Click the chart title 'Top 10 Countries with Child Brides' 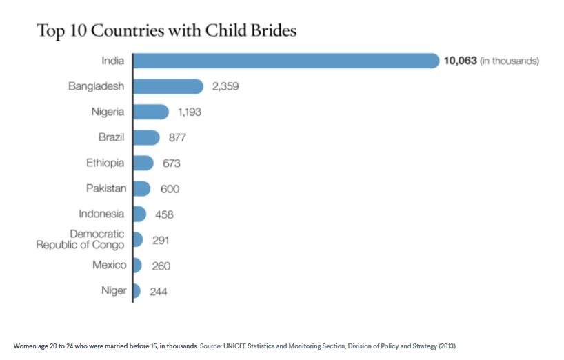pos(166,31)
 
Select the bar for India pos(285,61)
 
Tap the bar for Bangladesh pos(168,86)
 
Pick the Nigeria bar pos(150,112)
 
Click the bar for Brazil pos(145,137)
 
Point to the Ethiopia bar pos(143,163)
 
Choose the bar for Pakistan pos(141,188)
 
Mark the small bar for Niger pos(137,290)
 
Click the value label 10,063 pos(460,61)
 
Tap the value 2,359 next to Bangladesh pos(225,86)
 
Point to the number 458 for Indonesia pos(164,214)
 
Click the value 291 pos(161,240)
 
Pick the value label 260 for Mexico pos(161,266)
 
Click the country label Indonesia pos(101,214)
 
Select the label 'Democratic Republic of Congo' pos(81,239)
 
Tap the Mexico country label pos(110,265)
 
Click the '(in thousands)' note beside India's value pos(510,61)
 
